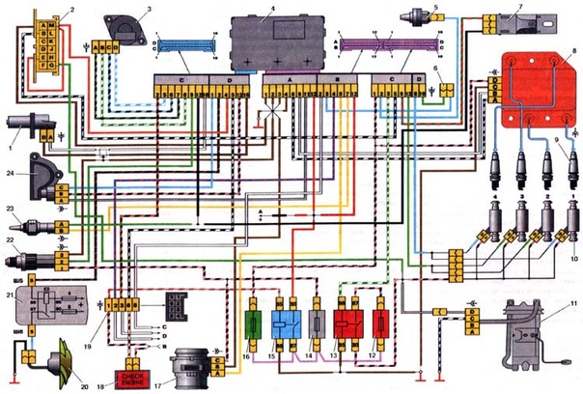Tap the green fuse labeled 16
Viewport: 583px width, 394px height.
[x=254, y=323]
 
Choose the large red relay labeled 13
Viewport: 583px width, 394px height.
[x=347, y=324]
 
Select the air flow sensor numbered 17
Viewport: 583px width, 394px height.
[x=189, y=368]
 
